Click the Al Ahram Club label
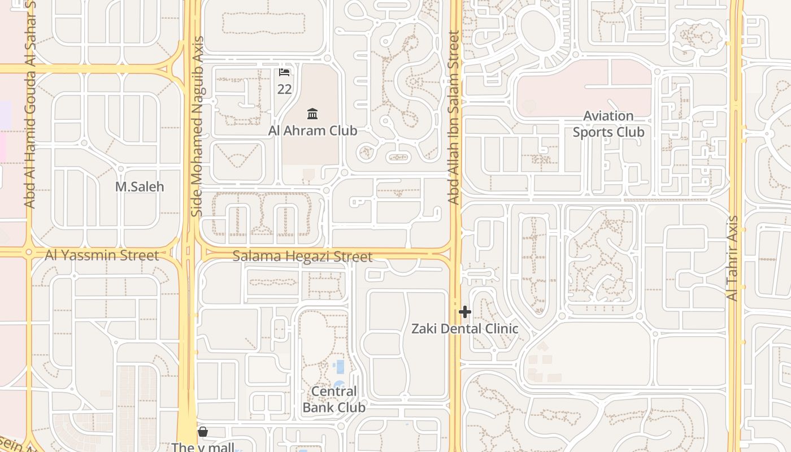pos(312,131)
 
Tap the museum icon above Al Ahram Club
pos(312,114)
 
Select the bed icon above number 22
pos(284,72)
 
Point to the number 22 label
pos(284,89)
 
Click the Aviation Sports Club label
pos(609,124)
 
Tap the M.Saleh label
pos(140,186)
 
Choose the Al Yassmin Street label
pos(102,255)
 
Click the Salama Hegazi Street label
pos(302,257)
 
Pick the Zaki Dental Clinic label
pos(464,329)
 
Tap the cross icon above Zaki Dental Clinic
pos(464,312)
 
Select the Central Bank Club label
pos(334,399)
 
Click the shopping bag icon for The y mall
pos(203,432)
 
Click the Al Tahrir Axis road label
pos(733,258)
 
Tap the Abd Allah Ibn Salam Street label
pos(454,118)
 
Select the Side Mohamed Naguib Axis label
pos(197,127)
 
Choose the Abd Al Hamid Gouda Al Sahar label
pos(30,105)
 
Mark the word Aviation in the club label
pos(608,116)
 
